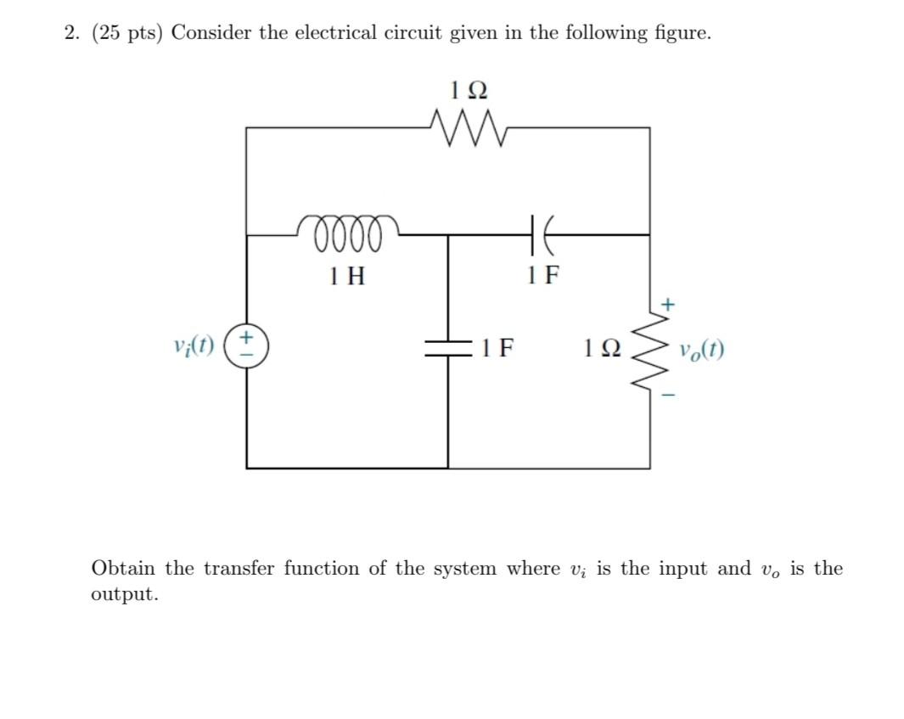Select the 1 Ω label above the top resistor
coord(468,89)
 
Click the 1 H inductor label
coord(347,275)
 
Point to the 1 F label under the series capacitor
coord(542,275)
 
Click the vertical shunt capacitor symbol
coord(448,348)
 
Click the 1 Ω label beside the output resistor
coord(602,348)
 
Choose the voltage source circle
coord(247,348)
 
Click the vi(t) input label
coord(194,348)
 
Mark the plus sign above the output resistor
coord(668,302)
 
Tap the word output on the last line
coord(124,594)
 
